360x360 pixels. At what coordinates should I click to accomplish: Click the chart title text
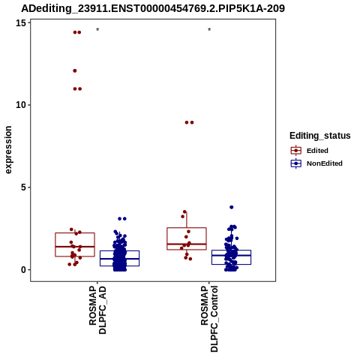153,8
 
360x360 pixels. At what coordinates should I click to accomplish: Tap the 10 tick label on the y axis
21,105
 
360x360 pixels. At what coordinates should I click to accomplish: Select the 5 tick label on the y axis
24,187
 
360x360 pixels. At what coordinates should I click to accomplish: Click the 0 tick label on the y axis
24,270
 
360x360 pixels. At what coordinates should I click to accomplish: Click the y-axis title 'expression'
8,150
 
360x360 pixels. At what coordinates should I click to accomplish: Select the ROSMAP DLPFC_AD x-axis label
97,310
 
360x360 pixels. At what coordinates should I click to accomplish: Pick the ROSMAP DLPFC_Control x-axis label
209,319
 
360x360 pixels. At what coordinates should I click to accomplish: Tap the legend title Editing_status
320,136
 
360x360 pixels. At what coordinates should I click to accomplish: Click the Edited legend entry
317,151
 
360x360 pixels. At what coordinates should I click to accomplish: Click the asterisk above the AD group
97,30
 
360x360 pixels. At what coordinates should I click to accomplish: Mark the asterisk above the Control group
209,30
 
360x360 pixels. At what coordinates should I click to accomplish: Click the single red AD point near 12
75,70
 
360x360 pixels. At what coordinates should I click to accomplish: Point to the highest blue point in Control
232,207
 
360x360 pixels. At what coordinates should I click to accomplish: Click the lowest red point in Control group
190,259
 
